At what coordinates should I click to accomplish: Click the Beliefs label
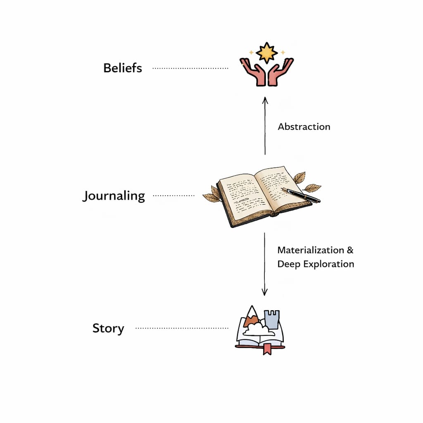pyautogui.click(x=123, y=68)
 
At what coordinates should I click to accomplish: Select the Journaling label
pyautogui.click(x=114, y=196)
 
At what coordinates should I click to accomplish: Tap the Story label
pyautogui.click(x=108, y=329)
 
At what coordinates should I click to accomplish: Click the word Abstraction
pyautogui.click(x=304, y=127)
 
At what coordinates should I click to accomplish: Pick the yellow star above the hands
pyautogui.click(x=266, y=52)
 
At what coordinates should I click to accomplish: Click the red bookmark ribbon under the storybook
pyautogui.click(x=267, y=349)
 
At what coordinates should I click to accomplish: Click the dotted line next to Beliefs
pyautogui.click(x=190, y=68)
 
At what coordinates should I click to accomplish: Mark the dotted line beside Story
pyautogui.click(x=182, y=328)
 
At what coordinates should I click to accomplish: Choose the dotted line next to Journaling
pyautogui.click(x=173, y=195)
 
